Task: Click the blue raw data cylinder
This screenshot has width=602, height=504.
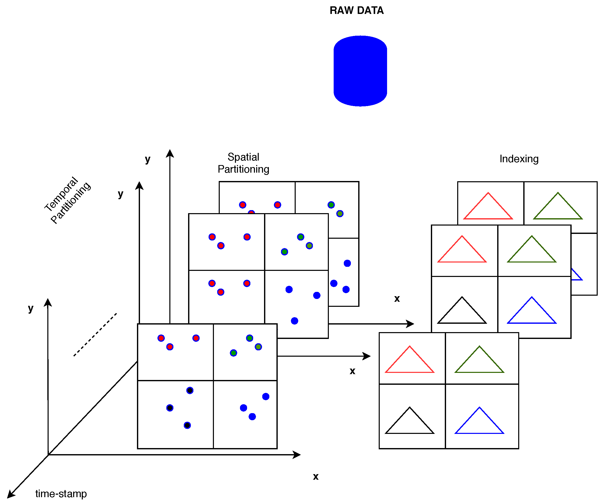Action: click(360, 71)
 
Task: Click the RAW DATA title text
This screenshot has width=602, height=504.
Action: click(356, 11)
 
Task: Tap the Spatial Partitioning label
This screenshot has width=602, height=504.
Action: click(243, 163)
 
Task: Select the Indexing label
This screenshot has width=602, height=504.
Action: click(519, 159)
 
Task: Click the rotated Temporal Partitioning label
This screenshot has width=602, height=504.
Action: click(67, 200)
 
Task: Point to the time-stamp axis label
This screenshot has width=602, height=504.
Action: click(61, 494)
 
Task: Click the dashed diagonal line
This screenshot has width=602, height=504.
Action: click(95, 335)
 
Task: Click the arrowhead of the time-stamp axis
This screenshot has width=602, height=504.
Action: click(10, 495)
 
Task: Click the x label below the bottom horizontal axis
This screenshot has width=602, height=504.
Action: click(316, 476)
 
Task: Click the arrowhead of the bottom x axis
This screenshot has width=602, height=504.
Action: click(297, 455)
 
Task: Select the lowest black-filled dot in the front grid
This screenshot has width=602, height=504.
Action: click(187, 425)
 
